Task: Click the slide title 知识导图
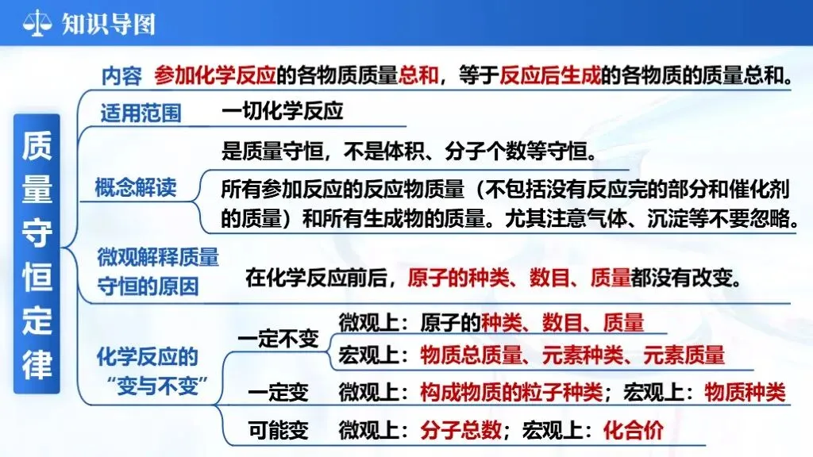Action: [108, 23]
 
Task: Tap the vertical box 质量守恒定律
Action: [37, 254]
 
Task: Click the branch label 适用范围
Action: [141, 113]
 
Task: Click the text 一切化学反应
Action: [282, 110]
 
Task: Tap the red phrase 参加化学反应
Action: [215, 75]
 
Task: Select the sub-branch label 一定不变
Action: [278, 339]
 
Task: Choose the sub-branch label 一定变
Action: [278, 392]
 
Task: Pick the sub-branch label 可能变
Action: [278, 431]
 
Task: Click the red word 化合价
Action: [633, 431]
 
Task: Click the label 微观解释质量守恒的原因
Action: [158, 271]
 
